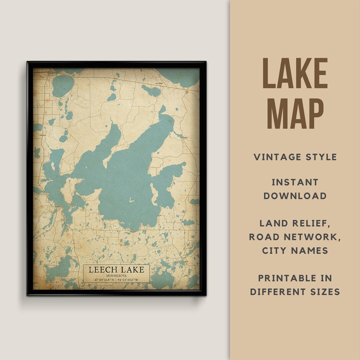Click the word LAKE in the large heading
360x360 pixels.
(x=295, y=73)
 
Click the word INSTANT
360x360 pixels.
(x=295, y=182)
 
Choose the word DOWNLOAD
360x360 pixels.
(x=295, y=196)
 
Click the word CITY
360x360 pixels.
(x=275, y=250)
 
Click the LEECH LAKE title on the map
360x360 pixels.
(x=116, y=270)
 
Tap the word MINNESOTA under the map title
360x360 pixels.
(x=116, y=276)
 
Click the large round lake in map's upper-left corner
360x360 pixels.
(x=62, y=86)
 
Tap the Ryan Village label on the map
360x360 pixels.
(x=160, y=84)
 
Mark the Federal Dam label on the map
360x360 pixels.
(x=184, y=137)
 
